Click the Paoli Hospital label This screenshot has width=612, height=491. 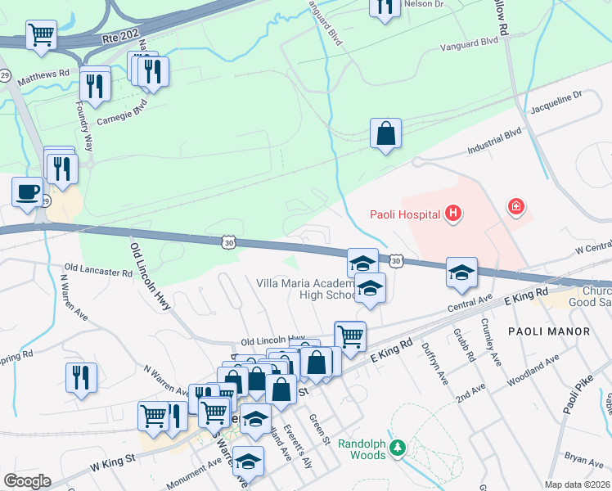tap(402, 215)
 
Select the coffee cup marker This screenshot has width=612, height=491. tap(28, 192)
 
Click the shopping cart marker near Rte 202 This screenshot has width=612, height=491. tap(40, 35)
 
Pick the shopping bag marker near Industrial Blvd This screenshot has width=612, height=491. tap(385, 133)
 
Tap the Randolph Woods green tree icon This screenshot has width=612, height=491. tap(397, 447)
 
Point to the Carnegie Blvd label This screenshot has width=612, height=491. tap(124, 107)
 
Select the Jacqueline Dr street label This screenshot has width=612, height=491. tap(556, 102)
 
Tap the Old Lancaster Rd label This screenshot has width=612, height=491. tap(98, 269)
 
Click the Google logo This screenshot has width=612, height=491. tap(27, 481)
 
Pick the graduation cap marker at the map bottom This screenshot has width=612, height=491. tap(249, 460)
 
